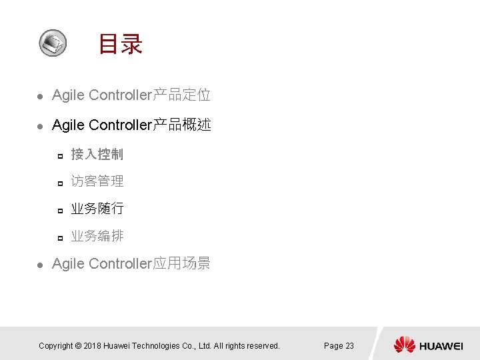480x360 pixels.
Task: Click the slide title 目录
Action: (x=121, y=45)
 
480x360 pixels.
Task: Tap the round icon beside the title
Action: (x=53, y=43)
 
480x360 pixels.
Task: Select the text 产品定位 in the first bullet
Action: (x=182, y=95)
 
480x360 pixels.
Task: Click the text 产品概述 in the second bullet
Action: (x=182, y=125)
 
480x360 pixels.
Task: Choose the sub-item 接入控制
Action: (x=97, y=155)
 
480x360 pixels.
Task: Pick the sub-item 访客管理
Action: (x=97, y=181)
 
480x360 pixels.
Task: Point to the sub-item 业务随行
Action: (x=97, y=209)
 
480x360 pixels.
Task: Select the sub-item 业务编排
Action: (x=97, y=236)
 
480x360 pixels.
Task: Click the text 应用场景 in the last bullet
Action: (x=182, y=263)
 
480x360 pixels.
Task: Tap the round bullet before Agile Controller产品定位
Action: (x=39, y=97)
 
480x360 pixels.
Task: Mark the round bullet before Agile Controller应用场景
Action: (x=39, y=265)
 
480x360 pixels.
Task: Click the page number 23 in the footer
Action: (x=349, y=345)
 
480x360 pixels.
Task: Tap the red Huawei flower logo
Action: (x=404, y=345)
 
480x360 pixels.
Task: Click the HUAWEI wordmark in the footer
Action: (x=441, y=345)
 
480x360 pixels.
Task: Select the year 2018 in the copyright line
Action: (x=94, y=345)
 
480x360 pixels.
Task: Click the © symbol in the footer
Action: (x=78, y=345)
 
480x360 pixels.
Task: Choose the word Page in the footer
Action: (x=333, y=345)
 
